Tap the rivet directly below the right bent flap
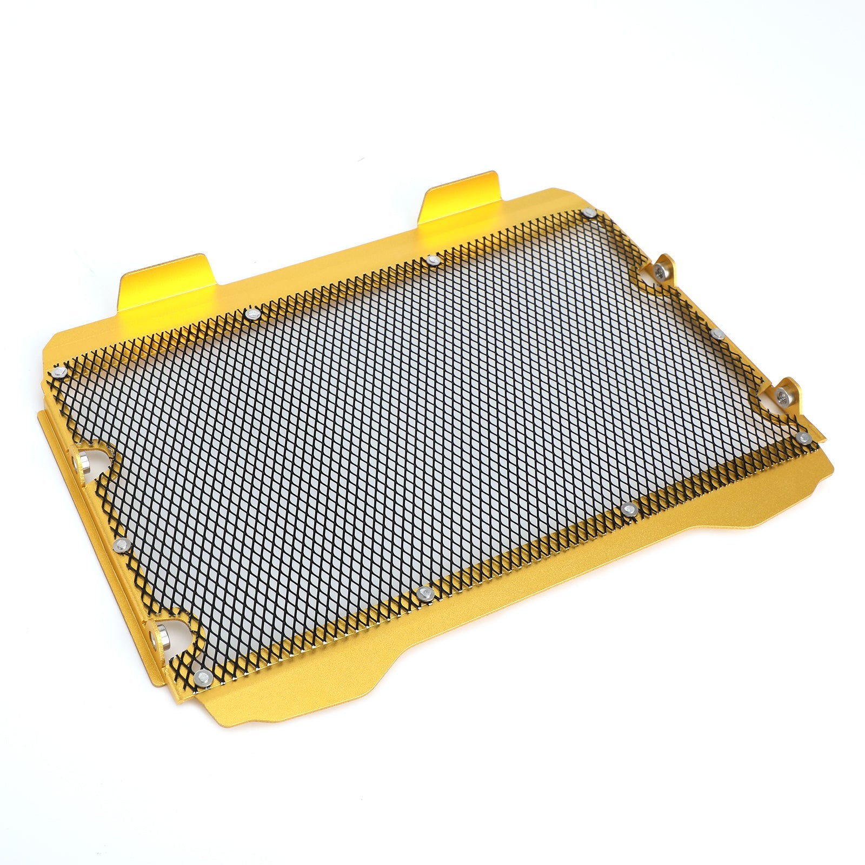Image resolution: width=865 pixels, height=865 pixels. [433, 261]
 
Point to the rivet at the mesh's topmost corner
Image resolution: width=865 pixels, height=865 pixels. [590, 213]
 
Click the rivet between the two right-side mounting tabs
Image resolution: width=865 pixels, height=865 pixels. [717, 334]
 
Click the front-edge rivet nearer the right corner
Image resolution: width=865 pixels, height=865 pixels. [628, 509]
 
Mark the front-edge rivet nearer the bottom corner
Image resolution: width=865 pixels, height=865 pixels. [424, 594]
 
